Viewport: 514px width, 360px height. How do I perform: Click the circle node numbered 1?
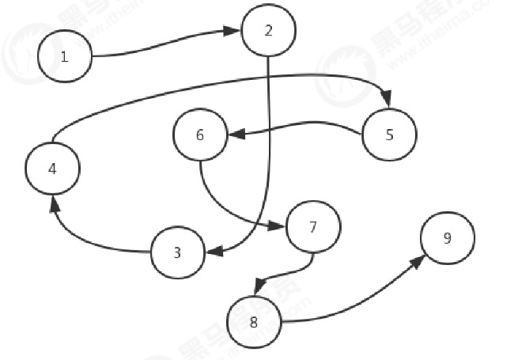[x=65, y=56]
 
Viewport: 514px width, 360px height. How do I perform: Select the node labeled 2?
[x=269, y=30]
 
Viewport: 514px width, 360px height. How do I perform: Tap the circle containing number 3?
[x=177, y=252]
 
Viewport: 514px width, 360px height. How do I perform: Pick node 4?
[x=52, y=169]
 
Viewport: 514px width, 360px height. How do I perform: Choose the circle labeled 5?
[x=389, y=135]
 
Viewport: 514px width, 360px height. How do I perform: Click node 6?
[x=200, y=135]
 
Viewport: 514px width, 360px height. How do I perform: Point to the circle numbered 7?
[x=313, y=227]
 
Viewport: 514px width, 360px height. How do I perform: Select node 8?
[x=254, y=321]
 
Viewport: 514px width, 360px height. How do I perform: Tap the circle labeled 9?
[x=448, y=238]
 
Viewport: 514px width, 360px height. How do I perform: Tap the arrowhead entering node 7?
[x=279, y=226]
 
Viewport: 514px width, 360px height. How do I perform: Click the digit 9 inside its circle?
[x=448, y=238]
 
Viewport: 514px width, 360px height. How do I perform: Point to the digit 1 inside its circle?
[x=65, y=56]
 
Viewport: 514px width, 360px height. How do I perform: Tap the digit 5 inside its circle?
[x=389, y=135]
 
